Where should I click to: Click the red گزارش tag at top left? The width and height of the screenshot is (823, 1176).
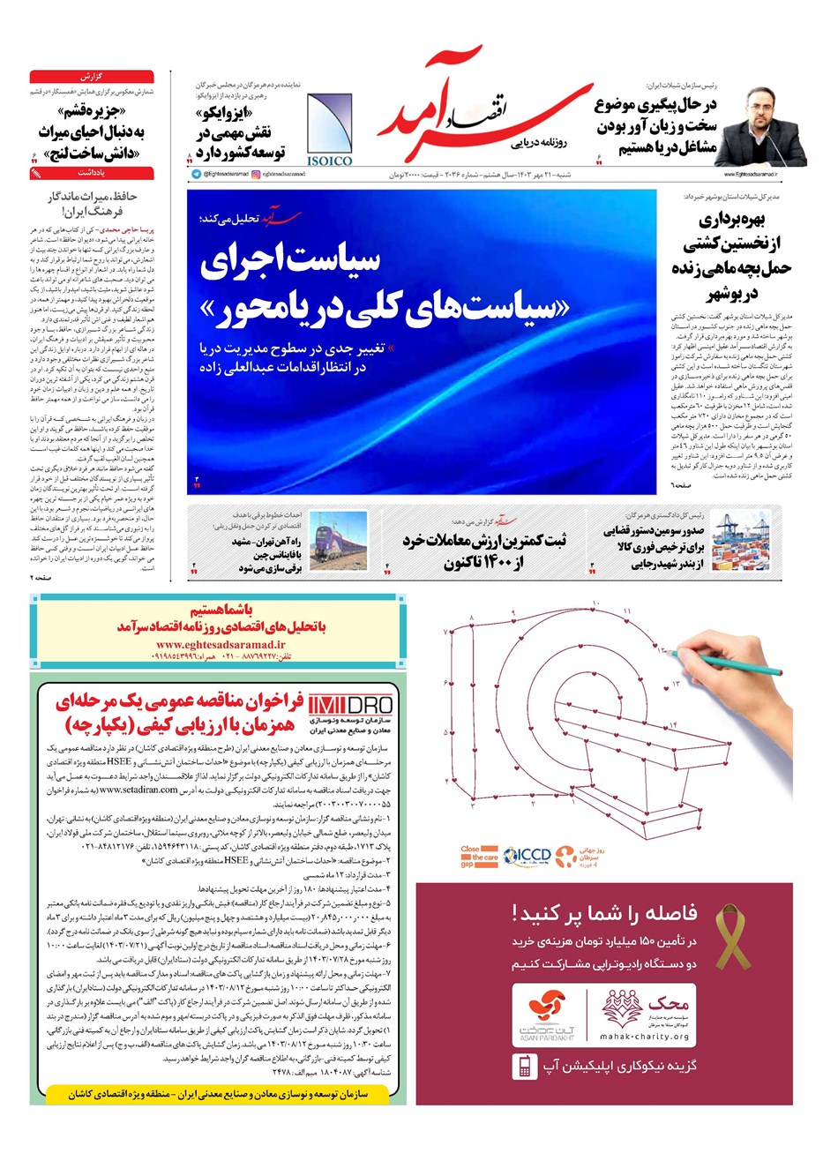coord(92,77)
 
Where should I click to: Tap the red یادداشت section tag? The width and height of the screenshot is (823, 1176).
coord(92,174)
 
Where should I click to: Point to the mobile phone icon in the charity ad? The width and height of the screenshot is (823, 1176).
coord(524,1067)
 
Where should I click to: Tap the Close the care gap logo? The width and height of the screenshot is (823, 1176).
coord(479,857)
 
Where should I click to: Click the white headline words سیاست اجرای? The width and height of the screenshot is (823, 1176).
coord(290,260)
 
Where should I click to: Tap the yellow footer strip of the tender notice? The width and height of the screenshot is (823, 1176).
coord(218,1093)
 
